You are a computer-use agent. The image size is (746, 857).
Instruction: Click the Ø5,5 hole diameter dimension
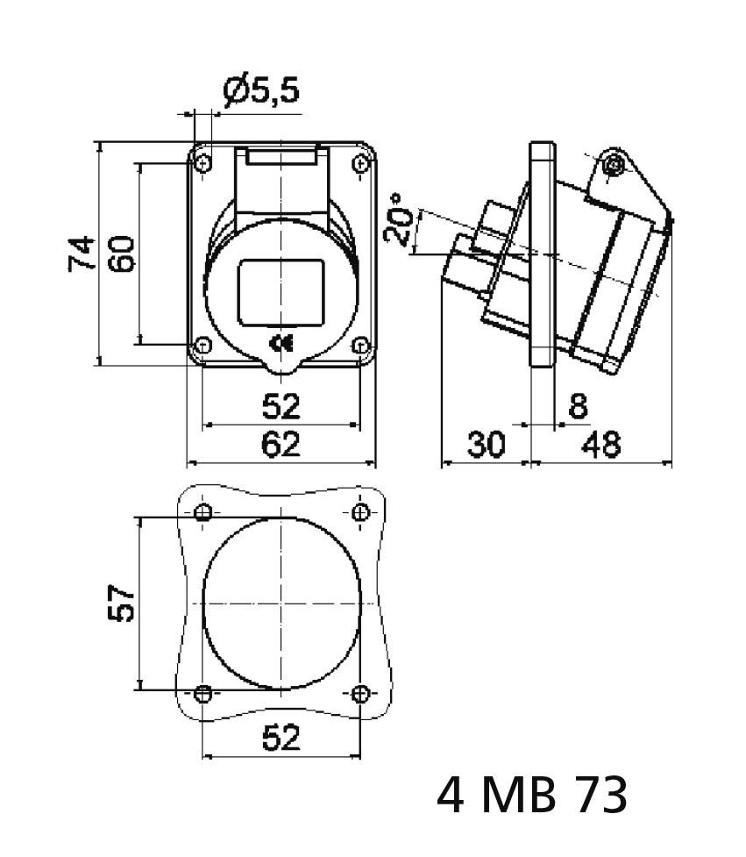(x=262, y=90)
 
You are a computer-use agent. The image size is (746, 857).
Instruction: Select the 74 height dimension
(x=81, y=254)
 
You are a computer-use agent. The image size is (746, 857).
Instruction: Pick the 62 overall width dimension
(x=281, y=445)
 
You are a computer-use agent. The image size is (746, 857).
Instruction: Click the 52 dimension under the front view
(x=281, y=406)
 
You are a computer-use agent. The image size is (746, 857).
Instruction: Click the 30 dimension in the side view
(x=485, y=445)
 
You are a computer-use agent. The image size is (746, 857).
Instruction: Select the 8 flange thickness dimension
(x=577, y=406)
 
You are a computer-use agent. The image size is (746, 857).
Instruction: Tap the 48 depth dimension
(x=602, y=445)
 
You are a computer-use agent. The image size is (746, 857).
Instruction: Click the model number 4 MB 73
(x=532, y=796)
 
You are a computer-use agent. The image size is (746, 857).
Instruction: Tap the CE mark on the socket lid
(x=281, y=344)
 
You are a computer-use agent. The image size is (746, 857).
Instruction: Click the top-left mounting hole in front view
(x=203, y=163)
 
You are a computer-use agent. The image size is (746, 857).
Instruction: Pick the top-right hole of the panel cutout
(x=360, y=512)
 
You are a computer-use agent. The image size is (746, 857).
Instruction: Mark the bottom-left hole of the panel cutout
(x=203, y=694)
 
